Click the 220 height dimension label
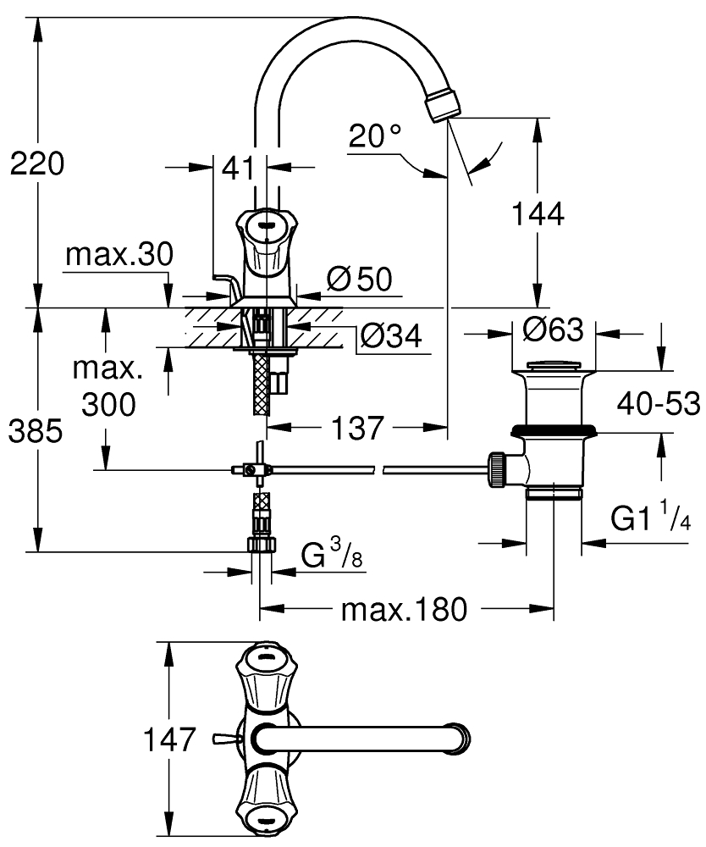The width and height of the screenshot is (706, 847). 36,163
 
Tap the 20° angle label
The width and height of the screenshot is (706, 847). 373,135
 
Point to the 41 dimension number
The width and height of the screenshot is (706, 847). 239,168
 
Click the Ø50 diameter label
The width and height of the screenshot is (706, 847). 359,279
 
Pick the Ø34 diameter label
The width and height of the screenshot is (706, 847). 390,336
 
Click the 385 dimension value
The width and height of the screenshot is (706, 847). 36,432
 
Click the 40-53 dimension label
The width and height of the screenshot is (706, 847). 659,405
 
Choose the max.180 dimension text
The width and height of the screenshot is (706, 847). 404,609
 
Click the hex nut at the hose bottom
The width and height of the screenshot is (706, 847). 261,544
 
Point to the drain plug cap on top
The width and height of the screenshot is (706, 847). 554,367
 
